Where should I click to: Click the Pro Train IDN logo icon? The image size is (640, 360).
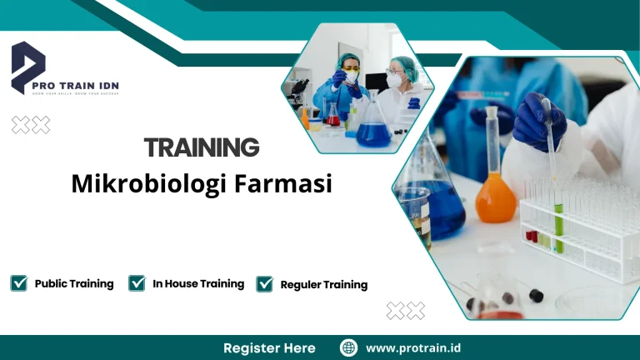tap(27, 67)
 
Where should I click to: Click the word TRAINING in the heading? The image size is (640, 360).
tap(202, 147)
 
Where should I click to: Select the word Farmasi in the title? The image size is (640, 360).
tap(291, 183)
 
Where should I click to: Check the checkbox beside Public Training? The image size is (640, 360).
tap(18, 283)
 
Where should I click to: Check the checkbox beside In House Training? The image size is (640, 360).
tap(137, 283)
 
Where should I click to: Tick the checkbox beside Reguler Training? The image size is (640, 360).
tap(265, 284)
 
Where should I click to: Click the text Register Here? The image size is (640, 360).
tap(269, 347)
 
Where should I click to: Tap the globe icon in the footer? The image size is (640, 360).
tap(349, 347)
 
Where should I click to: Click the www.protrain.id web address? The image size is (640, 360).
tap(414, 347)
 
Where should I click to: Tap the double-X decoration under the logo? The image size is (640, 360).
tap(30, 125)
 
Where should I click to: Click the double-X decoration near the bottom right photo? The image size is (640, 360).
tap(405, 311)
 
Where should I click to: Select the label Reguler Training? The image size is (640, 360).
tap(323, 284)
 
